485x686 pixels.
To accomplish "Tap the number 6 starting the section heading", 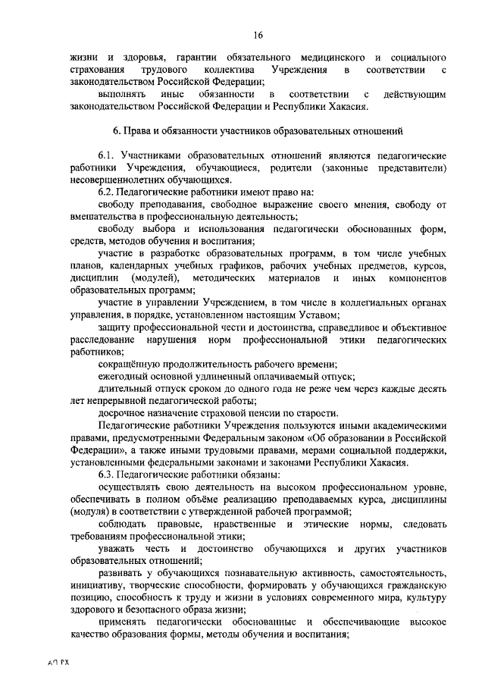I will (115, 132).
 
